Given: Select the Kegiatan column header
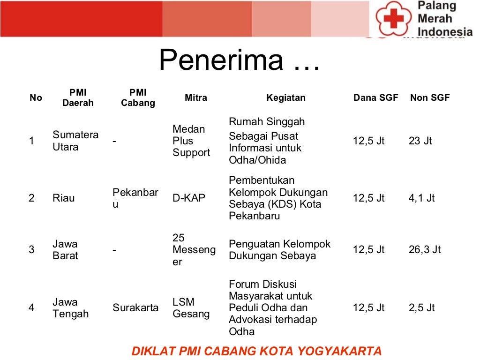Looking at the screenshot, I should tap(285, 98).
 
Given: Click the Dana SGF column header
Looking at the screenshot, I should tap(375, 98).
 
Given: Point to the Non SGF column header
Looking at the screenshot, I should tap(429, 98).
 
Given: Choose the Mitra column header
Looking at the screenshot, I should tap(195, 98).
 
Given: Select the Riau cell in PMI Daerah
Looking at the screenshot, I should tap(63, 198).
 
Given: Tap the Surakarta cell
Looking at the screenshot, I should tap(135, 308).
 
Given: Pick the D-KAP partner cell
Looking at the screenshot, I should tap(189, 198).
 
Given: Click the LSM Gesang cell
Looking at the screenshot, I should tap(191, 308).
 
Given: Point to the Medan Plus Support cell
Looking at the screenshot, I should tap(191, 141).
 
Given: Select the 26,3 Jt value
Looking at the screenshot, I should tap(424, 250).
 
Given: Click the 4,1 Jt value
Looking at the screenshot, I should tap(421, 198).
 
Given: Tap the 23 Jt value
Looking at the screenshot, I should tap(420, 141).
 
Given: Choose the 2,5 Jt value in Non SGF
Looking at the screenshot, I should tap(421, 308).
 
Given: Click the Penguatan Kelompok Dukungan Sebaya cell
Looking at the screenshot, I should tap(279, 250).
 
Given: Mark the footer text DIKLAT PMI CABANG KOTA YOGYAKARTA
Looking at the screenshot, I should tap(256, 351).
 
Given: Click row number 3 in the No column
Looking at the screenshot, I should tap(31, 250).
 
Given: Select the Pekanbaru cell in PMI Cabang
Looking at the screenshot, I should tap(135, 198).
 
